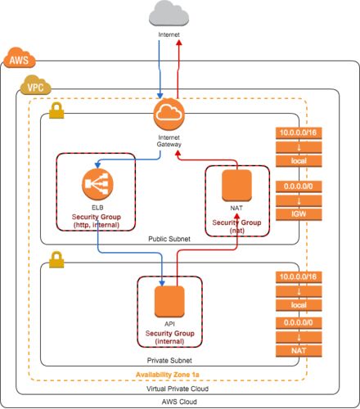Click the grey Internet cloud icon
169,13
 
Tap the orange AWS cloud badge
20,58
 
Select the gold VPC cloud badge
36,85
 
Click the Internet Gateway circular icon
169,115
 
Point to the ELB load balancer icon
97,184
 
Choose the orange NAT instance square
236,186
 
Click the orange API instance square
169,302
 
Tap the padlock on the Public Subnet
56,110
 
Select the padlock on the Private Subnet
56,259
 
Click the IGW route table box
299,214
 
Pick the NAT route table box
299,351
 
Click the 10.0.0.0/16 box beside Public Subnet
299,133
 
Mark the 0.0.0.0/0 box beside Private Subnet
299,323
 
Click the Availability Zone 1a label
168,375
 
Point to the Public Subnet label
169,239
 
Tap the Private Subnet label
169,361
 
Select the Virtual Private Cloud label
178,389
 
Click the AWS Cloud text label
179,402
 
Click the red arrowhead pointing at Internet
179,43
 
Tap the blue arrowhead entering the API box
162,283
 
